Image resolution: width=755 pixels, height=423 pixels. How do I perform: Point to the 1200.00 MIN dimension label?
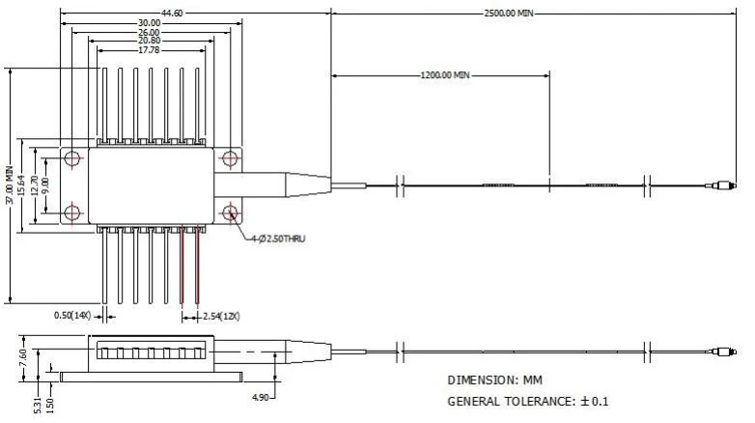tap(445, 74)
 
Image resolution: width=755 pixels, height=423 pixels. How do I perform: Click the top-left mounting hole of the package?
tap(73, 157)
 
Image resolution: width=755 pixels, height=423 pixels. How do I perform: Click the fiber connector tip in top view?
tap(718, 184)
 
